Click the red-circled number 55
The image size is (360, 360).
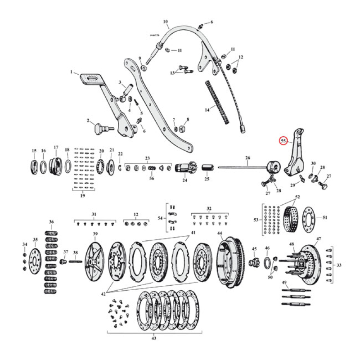tap(283, 140)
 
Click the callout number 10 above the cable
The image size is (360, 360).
tap(165, 21)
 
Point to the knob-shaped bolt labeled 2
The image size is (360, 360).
tap(99, 129)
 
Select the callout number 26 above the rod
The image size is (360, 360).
tap(247, 158)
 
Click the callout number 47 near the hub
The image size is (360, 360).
tap(319, 238)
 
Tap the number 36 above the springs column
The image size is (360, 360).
tap(51, 222)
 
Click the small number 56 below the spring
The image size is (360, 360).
tap(152, 178)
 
